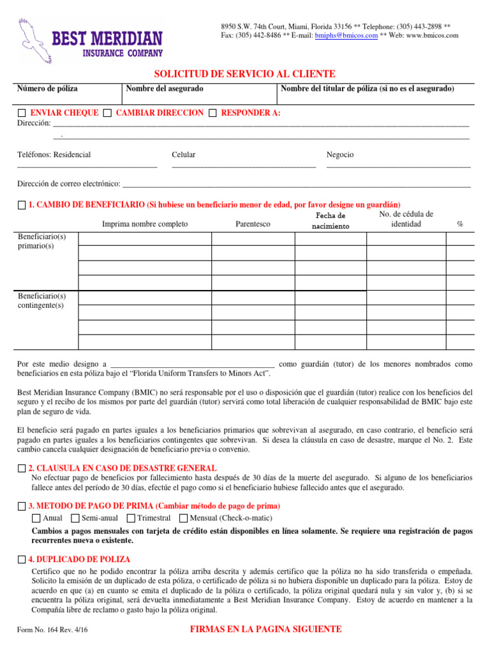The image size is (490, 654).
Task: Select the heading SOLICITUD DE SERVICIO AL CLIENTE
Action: (246, 74)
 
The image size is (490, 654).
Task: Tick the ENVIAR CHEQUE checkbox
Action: (22, 113)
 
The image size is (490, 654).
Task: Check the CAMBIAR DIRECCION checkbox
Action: (108, 113)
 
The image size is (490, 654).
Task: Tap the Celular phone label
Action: (184, 155)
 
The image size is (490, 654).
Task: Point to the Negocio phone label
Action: (340, 155)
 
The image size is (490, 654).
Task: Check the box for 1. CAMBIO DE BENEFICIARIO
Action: (22, 205)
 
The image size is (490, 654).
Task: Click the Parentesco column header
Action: (253, 224)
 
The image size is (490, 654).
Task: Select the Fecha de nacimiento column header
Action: (330, 221)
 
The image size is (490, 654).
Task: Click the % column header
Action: (460, 224)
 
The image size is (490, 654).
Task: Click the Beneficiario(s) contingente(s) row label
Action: (42, 301)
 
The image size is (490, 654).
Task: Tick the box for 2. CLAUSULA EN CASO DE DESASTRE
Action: (22, 468)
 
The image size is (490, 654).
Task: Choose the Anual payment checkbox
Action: (36, 518)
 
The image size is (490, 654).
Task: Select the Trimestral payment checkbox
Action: (131, 518)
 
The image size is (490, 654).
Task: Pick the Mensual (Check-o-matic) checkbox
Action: (184, 518)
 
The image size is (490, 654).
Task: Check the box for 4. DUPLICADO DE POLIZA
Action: (22, 559)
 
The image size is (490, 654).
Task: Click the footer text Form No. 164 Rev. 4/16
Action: (52, 630)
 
